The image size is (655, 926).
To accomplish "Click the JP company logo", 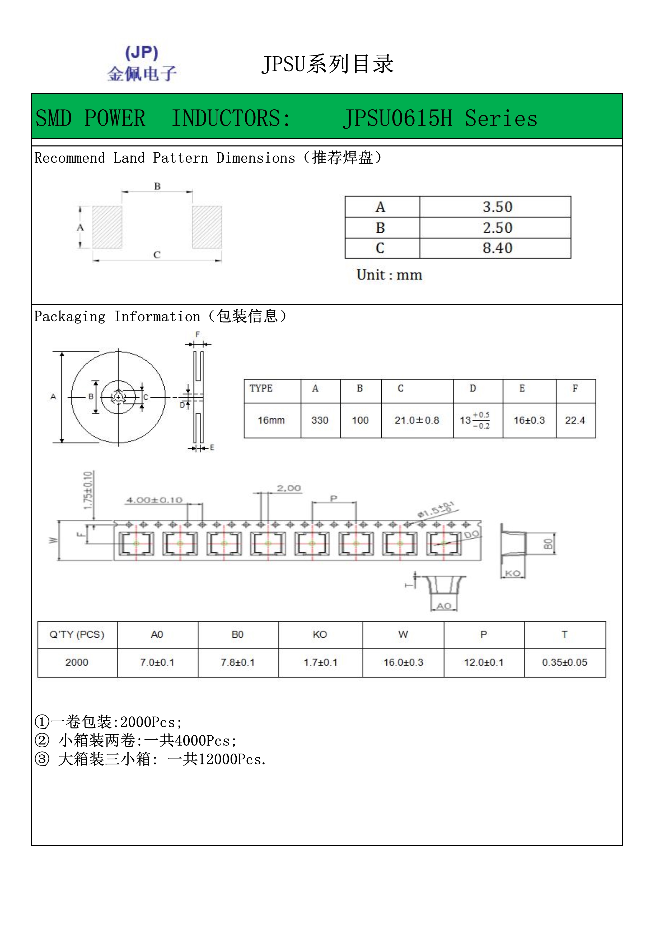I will (x=142, y=64).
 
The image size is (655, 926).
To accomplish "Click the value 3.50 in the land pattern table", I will (x=497, y=207).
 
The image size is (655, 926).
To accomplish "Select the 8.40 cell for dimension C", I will (x=497, y=248).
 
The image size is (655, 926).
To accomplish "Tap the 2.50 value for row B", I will (x=497, y=228).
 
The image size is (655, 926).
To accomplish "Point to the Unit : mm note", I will (x=389, y=275).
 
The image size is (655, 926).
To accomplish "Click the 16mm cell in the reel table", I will (x=272, y=420).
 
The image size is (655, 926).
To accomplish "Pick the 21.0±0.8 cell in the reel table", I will (x=417, y=420).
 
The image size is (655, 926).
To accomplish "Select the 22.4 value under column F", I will (x=575, y=420).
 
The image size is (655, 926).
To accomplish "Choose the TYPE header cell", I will (x=261, y=388).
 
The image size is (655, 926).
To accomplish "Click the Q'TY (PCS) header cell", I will (x=77, y=634).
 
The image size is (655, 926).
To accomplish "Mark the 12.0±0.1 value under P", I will (x=484, y=662).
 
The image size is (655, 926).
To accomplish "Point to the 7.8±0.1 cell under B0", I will (x=237, y=662).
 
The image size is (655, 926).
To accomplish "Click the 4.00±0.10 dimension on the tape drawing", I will (x=155, y=500).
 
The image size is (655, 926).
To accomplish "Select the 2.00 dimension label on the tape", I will (x=289, y=488).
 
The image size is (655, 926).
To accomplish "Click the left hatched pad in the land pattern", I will (x=107, y=227).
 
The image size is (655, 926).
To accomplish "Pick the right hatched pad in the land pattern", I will (x=207, y=227).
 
